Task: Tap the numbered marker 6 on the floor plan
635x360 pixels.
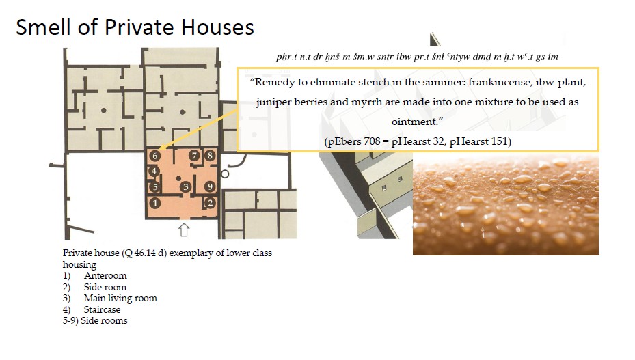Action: click(x=154, y=156)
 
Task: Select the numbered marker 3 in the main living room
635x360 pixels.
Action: click(x=185, y=186)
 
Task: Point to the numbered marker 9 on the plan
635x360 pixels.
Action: click(x=209, y=186)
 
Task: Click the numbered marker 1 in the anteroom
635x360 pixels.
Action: click(x=154, y=203)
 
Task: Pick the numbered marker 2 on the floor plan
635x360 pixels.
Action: click(x=210, y=203)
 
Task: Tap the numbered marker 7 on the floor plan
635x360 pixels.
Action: click(x=195, y=155)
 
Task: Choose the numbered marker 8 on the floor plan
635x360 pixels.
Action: click(x=210, y=155)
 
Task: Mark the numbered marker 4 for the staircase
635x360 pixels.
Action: click(x=154, y=171)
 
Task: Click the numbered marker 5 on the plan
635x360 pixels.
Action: click(x=154, y=186)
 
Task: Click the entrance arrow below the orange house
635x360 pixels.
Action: click(x=184, y=230)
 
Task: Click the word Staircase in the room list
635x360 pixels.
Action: click(x=102, y=309)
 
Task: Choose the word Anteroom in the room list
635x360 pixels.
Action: click(x=105, y=276)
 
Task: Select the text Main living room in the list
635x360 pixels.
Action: click(x=120, y=299)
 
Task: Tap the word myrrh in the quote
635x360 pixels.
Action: click(x=366, y=102)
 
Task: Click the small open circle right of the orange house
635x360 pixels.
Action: click(x=225, y=174)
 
